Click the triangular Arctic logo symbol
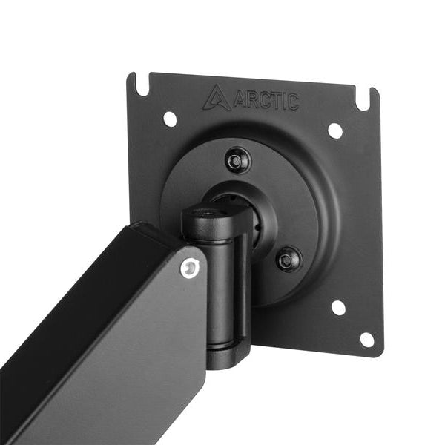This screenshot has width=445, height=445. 217,97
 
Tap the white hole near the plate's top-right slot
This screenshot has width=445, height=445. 334,131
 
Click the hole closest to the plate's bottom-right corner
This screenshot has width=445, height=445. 366,340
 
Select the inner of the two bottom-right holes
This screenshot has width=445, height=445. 338,307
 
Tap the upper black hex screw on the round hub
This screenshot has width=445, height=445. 237,159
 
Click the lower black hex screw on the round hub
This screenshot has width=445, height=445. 288,260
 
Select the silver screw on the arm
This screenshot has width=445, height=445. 192,268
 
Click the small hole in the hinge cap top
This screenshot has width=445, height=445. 211,214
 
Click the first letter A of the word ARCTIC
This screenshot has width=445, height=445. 240,99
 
